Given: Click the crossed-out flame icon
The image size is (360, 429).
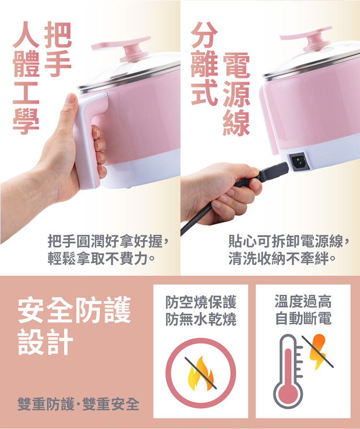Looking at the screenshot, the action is pos(200,373).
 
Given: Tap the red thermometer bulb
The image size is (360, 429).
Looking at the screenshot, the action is pos(288,393).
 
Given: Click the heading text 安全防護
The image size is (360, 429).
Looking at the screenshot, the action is pos(74,309).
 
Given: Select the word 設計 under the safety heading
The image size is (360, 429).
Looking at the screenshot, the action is pos(46,342).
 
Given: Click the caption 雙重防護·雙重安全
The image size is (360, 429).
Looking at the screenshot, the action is pos(78,404).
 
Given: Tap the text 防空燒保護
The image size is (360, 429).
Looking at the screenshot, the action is pos(201,302).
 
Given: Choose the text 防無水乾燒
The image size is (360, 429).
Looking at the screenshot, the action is pos(201,319).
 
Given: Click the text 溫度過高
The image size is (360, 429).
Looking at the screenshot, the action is pos(303,301).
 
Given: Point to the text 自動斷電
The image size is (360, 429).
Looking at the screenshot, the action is pos(303,318).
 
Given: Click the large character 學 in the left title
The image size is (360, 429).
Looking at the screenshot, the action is pos(26,121).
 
